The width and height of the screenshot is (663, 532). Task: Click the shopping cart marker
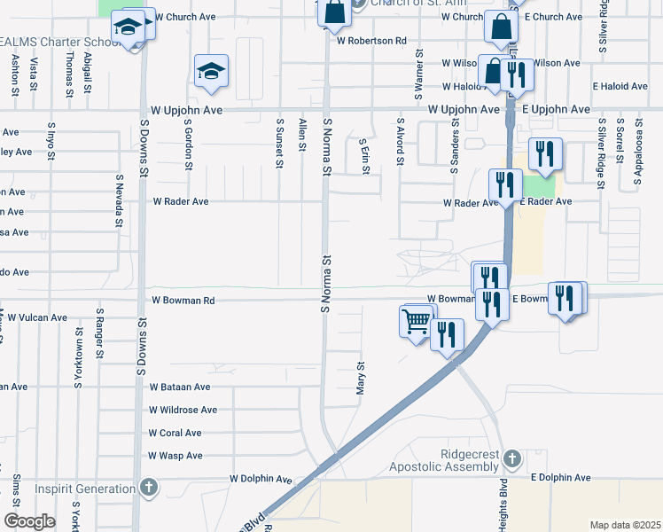(x=416, y=321)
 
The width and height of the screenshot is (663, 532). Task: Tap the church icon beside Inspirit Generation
(x=148, y=488)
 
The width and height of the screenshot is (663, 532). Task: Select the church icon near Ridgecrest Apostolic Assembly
(x=511, y=458)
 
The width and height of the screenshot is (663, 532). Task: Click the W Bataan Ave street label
(x=180, y=387)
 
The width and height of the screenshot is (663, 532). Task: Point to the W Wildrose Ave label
(x=183, y=410)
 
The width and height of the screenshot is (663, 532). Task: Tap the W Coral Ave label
(x=175, y=433)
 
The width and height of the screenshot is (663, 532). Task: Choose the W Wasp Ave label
(x=176, y=456)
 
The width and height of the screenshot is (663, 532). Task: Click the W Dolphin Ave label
(x=261, y=479)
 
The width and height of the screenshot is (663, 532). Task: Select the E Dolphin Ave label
(x=561, y=478)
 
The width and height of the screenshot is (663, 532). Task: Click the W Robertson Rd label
(x=371, y=41)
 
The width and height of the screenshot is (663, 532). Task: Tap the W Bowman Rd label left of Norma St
(x=183, y=301)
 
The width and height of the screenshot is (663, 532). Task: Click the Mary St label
(x=361, y=377)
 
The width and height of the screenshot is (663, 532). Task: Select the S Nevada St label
(x=119, y=199)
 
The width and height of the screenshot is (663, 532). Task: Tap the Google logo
(x=29, y=521)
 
